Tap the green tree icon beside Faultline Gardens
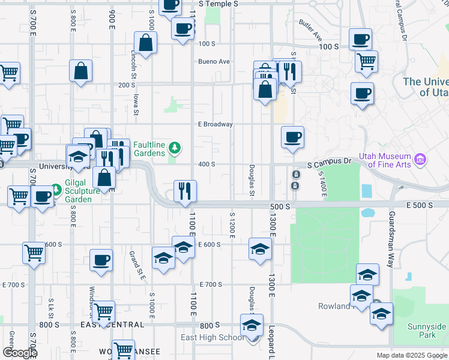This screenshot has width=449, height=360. point(175,147)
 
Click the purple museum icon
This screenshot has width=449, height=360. point(421,160)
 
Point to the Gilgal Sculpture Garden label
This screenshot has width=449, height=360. point(86,193)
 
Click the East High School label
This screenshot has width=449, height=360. point(212,337)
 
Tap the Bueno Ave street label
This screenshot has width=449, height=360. point(214,61)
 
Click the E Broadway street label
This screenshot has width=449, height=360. point(215,125)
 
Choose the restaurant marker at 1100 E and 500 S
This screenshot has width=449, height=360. point(184,191)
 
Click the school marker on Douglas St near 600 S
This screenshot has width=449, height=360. point(259,248)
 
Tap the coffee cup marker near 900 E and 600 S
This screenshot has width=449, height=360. point(101,260)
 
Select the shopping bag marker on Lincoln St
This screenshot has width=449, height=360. point(146,42)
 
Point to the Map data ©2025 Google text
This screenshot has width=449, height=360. point(412,355)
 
